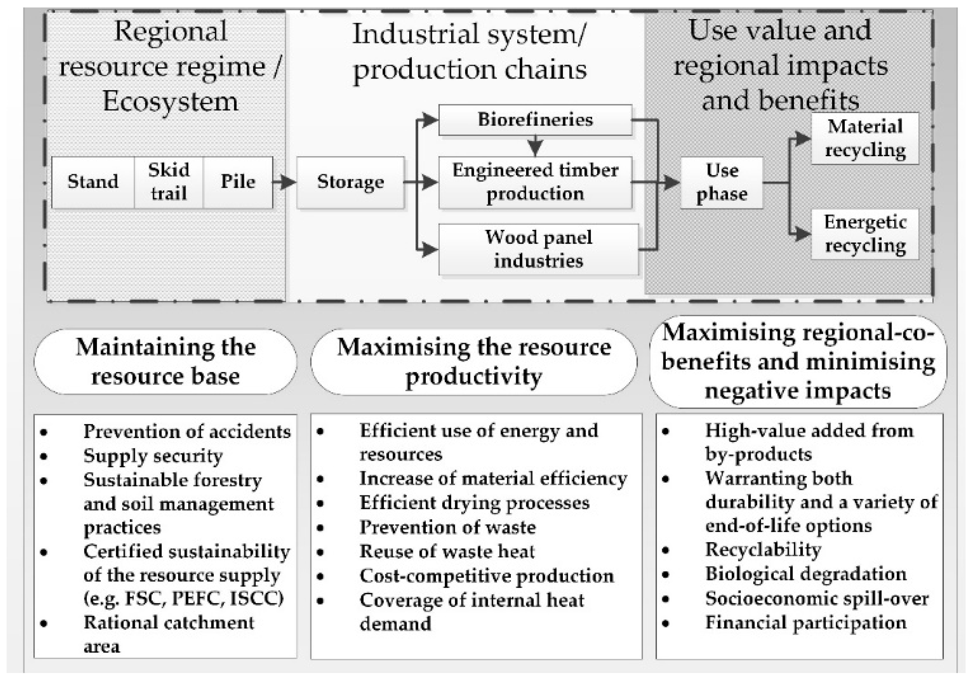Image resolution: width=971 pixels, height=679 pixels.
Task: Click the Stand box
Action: pos(93,182)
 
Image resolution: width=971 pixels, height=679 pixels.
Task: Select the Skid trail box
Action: pos(168,182)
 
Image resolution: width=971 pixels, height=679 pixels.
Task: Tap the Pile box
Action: pos(238,182)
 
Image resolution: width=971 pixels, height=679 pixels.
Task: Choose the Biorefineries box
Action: pos(535,120)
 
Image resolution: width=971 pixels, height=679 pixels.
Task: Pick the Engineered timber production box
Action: pos(535,182)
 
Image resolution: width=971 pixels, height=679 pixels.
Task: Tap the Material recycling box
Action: pos(865,138)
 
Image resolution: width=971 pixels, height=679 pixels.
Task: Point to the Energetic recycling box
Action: pos(865,234)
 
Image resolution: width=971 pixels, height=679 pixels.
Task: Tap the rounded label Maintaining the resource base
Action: pos(165,362)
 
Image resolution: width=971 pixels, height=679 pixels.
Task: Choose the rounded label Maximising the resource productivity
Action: pos(473,362)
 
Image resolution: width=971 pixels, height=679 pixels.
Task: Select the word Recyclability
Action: pos(763,550)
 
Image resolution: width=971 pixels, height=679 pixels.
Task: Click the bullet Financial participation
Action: pos(806,622)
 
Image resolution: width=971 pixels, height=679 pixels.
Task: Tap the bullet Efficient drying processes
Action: pos(474,503)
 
